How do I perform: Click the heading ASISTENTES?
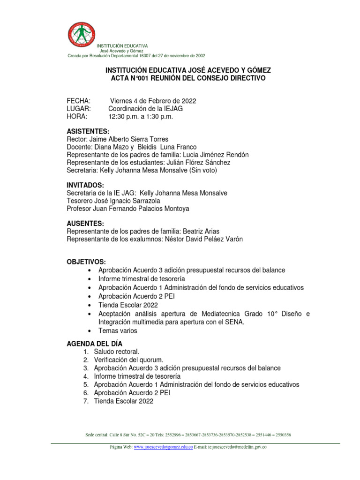tap(88, 131)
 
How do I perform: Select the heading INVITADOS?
tap(85, 185)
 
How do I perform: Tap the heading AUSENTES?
tap(85, 224)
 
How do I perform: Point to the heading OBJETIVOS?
tap(86, 262)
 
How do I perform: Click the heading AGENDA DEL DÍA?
tap(95, 344)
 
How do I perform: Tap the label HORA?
tap(77, 117)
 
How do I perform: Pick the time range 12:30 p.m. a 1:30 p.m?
tap(141, 117)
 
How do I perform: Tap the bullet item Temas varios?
tap(118, 330)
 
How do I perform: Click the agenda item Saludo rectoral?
tap(117, 352)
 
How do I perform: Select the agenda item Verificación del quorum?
tap(128, 360)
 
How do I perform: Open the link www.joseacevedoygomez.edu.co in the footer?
tap(163, 448)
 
